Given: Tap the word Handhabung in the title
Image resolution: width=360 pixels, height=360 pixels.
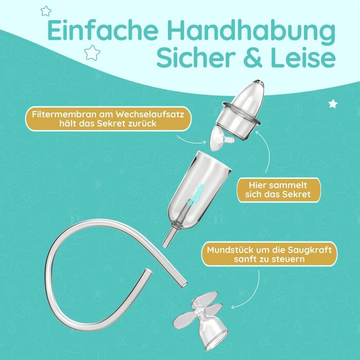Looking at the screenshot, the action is tap(251, 32).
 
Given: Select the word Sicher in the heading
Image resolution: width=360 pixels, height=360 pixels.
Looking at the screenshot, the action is tap(195, 58).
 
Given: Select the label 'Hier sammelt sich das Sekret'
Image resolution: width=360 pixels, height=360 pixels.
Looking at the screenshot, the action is tap(278, 190).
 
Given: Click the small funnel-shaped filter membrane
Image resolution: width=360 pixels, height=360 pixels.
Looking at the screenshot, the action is tap(221, 139).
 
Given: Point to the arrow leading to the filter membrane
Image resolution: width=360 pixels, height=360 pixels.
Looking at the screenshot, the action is tap(191, 140).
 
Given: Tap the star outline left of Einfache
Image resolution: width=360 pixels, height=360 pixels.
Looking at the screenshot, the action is tap(46, 11).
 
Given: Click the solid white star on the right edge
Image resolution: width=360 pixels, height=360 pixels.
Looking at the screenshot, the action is tap(333, 104).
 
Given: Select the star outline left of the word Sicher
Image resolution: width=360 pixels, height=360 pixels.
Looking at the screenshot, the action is tap(92, 52).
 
